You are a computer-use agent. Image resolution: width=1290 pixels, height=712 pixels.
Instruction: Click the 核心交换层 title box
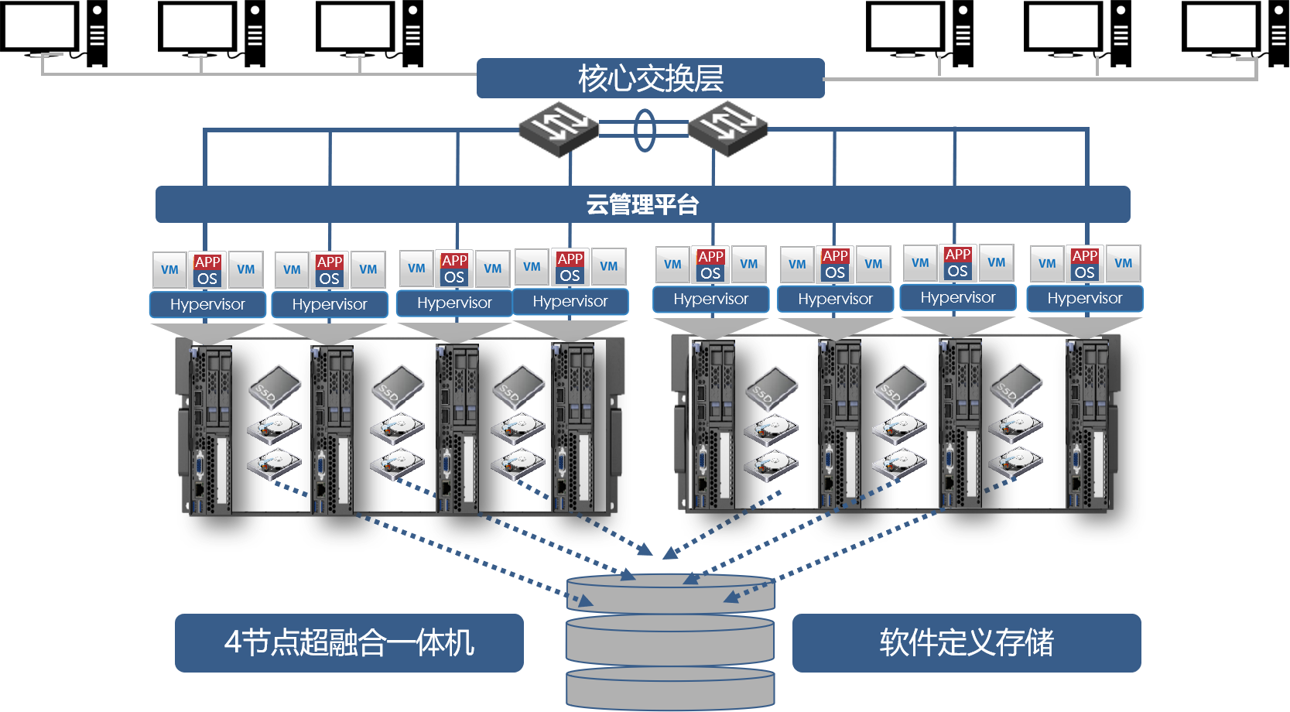(x=650, y=78)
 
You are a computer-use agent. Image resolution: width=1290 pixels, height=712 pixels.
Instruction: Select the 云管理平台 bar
(x=642, y=204)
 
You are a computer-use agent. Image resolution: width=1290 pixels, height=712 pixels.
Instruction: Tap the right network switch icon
(x=727, y=127)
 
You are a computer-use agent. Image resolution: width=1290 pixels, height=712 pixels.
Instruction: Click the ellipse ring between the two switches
(x=644, y=130)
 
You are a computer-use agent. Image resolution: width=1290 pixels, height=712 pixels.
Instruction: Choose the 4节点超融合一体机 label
(x=349, y=642)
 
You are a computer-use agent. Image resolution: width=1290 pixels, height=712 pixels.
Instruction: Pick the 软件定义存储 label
(x=966, y=642)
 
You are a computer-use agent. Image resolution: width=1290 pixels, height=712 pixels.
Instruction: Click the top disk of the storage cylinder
(x=670, y=593)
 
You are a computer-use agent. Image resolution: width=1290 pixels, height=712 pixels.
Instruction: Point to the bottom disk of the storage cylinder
(x=670, y=687)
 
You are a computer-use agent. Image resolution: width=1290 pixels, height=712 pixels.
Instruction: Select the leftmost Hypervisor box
(x=207, y=304)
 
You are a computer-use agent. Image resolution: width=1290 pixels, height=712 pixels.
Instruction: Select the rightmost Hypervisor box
(x=1084, y=298)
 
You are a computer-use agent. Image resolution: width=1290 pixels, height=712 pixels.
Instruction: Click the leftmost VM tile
(x=169, y=269)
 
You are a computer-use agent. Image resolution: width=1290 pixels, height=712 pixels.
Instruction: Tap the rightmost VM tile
(x=1123, y=263)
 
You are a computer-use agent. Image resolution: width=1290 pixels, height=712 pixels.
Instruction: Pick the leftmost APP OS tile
(x=207, y=270)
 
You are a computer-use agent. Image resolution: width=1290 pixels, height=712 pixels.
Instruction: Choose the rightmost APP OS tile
(x=1084, y=264)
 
